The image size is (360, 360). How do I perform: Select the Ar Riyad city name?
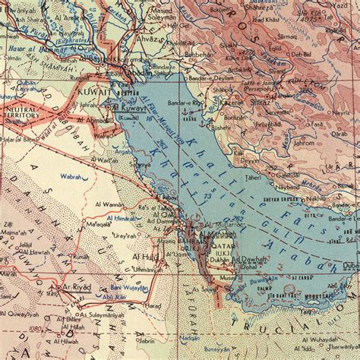[76, 288]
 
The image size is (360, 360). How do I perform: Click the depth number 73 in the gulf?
[207, 197]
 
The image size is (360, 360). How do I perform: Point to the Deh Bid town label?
[300, 55]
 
